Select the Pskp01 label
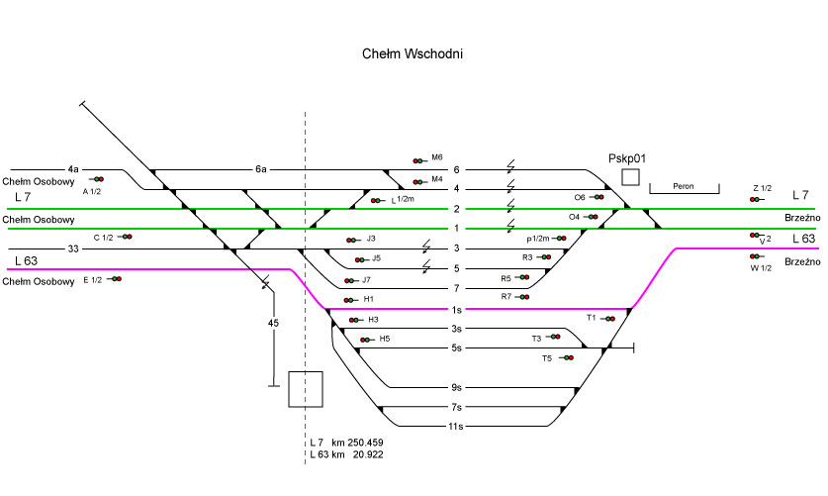point(627,156)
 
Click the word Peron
point(683,186)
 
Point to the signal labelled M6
point(420,158)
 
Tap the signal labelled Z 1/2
point(756,199)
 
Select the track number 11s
point(456,427)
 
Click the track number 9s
point(456,387)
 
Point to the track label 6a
point(261,169)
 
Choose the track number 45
point(274,323)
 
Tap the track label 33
point(73,248)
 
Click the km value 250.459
point(361,442)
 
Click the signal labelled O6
point(598,197)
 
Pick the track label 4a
point(73,169)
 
